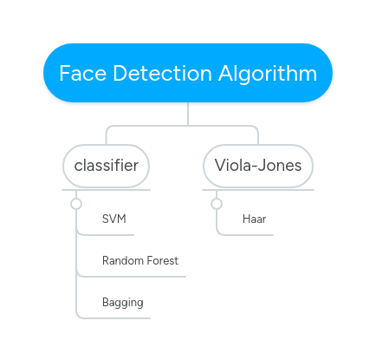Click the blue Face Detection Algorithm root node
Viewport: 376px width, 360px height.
[188, 74]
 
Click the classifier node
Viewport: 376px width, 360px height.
[107, 165]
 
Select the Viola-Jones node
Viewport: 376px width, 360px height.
[258, 165]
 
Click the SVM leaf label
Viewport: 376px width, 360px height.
[113, 219]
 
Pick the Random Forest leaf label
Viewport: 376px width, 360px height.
[139, 260]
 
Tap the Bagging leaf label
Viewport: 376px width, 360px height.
[122, 303]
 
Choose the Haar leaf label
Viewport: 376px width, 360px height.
[254, 219]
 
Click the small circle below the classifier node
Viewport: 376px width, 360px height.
[76, 204]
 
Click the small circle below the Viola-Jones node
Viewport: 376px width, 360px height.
[217, 204]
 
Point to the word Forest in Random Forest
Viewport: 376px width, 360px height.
[162, 260]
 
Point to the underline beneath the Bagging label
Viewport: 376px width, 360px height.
[113, 318]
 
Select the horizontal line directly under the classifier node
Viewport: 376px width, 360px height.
[107, 189]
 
